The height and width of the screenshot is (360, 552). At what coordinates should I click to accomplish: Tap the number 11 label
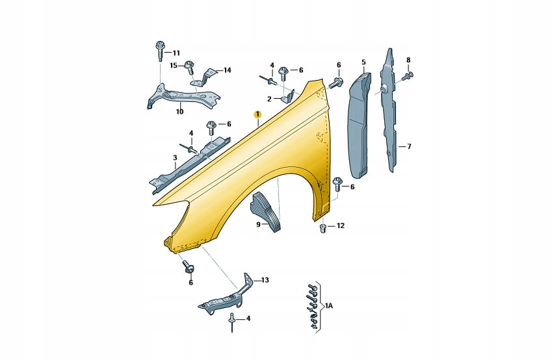176,53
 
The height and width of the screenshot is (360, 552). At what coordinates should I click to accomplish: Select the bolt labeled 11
159,51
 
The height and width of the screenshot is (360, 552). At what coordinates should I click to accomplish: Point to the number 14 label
227,70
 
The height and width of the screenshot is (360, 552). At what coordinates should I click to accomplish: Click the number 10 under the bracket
179,112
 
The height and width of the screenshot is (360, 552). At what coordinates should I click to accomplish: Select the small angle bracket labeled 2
287,97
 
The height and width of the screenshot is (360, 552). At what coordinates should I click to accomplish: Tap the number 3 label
175,158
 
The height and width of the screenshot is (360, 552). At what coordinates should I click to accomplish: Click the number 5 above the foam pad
363,62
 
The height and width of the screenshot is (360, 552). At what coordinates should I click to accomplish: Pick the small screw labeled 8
410,75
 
